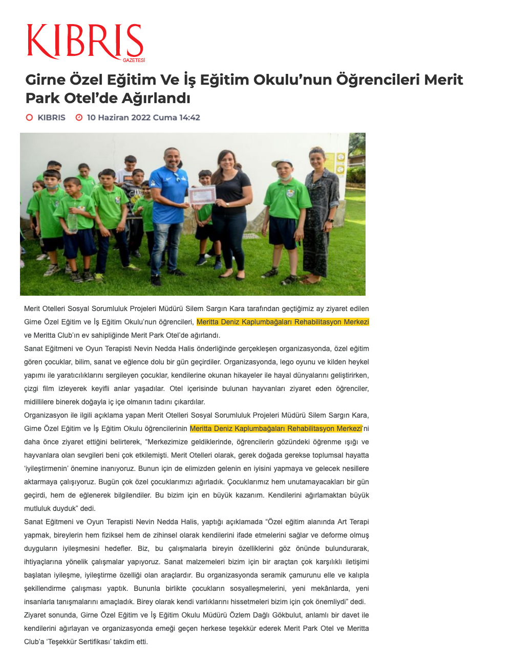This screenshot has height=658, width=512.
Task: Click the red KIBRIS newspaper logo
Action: [84, 41]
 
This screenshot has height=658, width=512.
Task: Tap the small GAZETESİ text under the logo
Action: [134, 60]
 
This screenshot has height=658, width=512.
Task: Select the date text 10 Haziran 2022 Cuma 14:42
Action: [143, 117]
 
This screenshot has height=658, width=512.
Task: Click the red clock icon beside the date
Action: [79, 117]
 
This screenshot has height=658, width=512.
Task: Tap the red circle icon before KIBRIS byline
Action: [30, 117]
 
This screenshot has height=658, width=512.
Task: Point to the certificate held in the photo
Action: [202, 195]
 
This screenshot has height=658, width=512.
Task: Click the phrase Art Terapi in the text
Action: [353, 522]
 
